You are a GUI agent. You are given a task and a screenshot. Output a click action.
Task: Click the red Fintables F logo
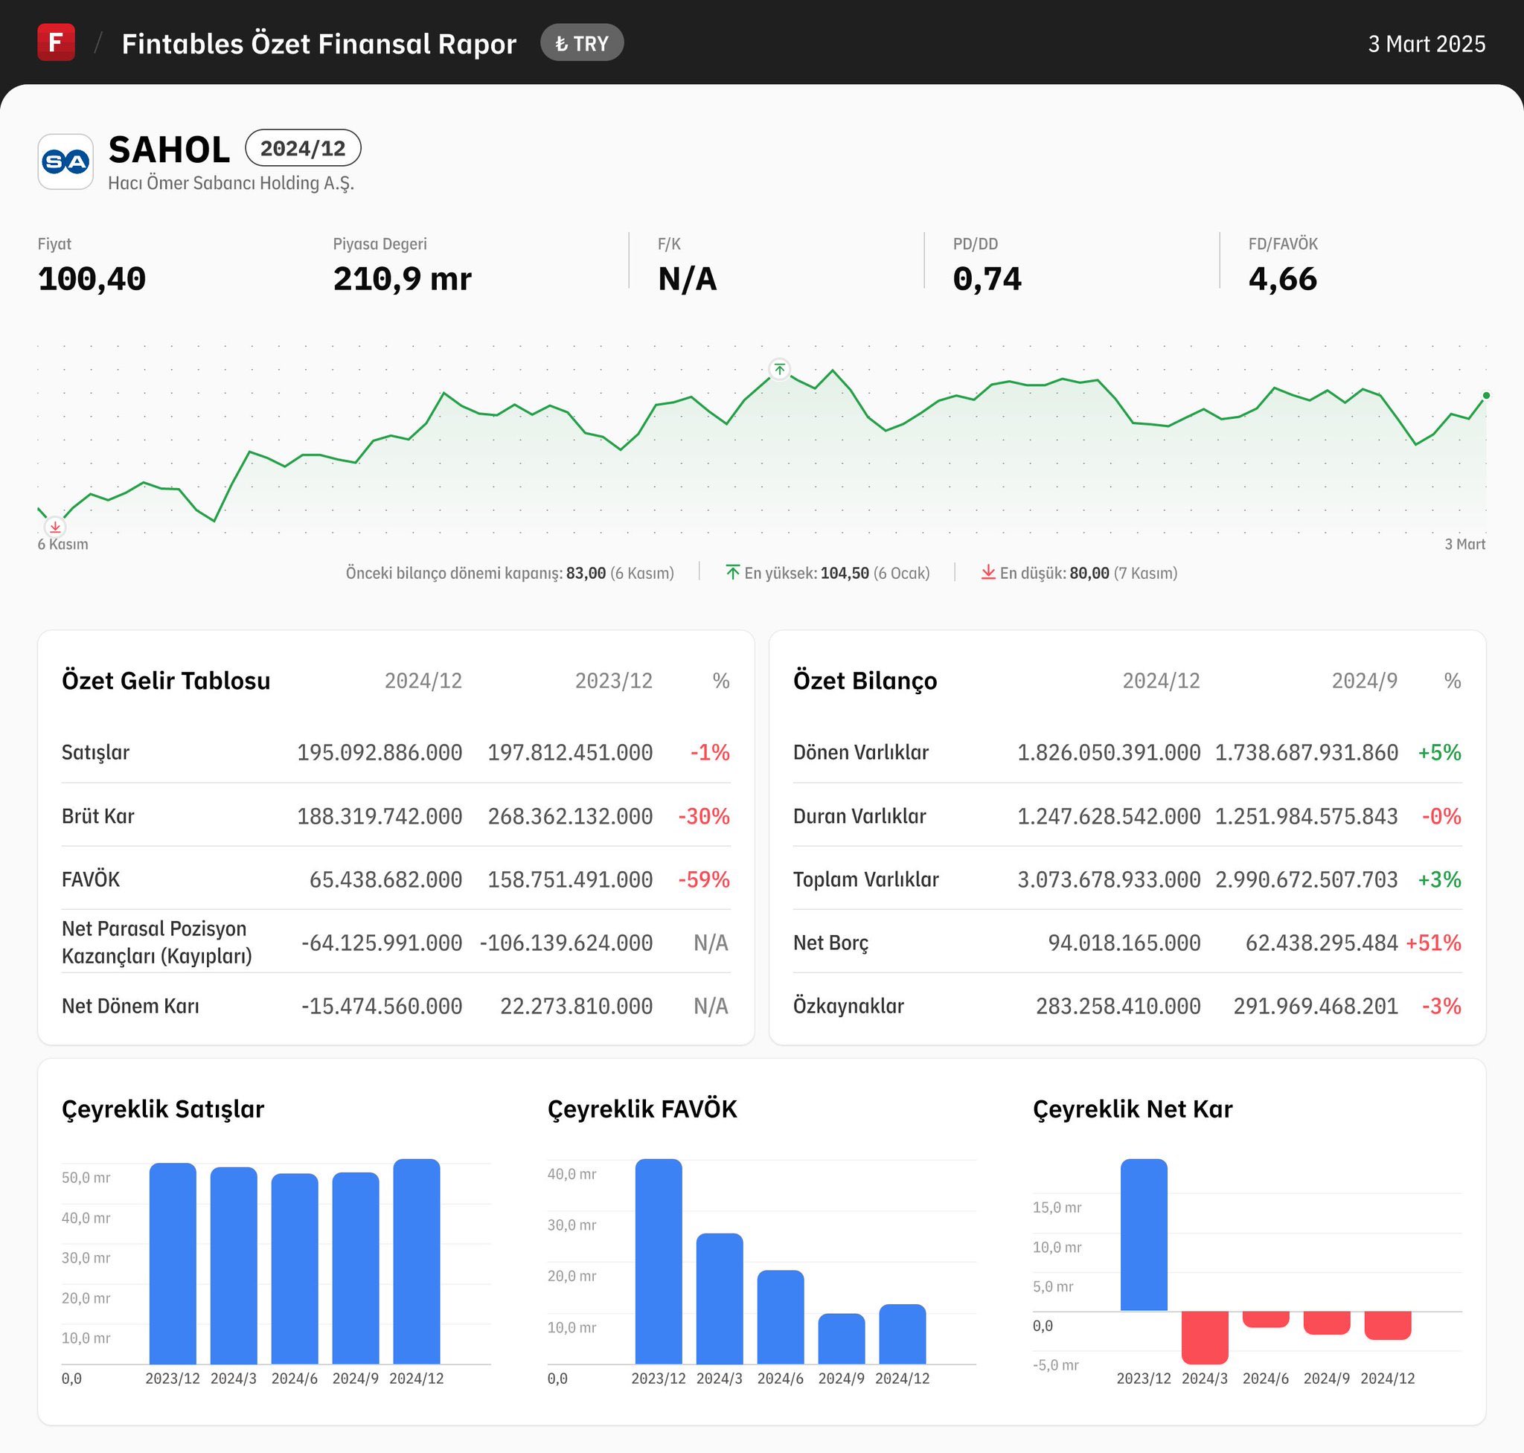click(56, 42)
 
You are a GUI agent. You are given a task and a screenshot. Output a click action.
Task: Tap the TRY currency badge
click(582, 43)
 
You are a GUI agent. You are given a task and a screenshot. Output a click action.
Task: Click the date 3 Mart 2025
click(1427, 44)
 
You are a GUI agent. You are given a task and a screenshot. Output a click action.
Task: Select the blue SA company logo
click(66, 162)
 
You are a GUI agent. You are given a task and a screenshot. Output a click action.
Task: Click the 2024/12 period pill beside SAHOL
click(303, 148)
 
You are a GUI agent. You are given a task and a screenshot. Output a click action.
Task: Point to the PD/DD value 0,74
click(987, 279)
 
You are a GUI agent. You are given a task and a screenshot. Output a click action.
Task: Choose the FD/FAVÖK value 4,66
click(1282, 279)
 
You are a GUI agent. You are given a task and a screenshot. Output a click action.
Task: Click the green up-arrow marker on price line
click(779, 370)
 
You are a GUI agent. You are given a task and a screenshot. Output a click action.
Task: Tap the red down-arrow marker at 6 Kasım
click(55, 527)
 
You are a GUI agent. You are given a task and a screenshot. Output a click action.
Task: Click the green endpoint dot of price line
click(1486, 396)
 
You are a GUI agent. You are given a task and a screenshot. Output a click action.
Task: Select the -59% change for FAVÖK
click(703, 880)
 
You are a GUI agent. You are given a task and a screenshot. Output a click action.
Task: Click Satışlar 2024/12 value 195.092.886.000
click(380, 753)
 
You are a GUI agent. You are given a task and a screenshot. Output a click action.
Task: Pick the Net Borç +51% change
click(1433, 943)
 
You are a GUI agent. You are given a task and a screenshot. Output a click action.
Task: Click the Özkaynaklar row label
click(848, 1006)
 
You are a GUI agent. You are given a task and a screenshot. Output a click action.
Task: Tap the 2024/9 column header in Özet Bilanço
click(1365, 681)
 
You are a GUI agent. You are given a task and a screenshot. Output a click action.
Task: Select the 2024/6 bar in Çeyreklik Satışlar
click(295, 1268)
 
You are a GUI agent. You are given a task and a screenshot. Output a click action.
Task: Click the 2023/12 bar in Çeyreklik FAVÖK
click(659, 1262)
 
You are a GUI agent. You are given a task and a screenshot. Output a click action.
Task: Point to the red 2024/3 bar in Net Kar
click(1205, 1338)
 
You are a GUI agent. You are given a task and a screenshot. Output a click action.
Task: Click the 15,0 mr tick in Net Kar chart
click(1057, 1207)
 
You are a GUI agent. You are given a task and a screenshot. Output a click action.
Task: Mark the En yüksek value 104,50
click(845, 573)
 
